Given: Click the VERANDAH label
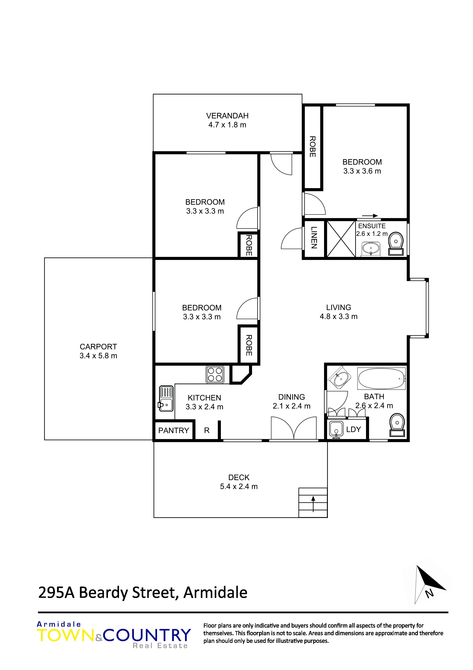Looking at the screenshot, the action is pyautogui.click(x=227, y=116).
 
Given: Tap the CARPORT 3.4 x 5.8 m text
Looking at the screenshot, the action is pyautogui.click(x=98, y=351).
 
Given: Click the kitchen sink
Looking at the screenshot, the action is pyautogui.click(x=166, y=399).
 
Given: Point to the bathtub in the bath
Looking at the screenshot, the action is pyautogui.click(x=381, y=379).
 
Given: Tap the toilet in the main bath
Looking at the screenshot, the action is pyautogui.click(x=397, y=426).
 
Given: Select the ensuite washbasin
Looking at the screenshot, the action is pyautogui.click(x=371, y=249).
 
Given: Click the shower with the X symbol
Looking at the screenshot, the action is pyautogui.click(x=341, y=239).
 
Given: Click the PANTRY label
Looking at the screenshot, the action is pyautogui.click(x=174, y=430).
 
